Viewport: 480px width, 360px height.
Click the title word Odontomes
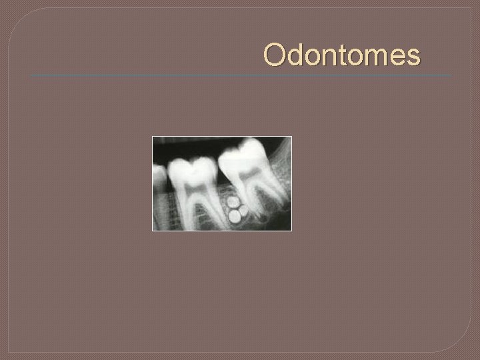[342, 55]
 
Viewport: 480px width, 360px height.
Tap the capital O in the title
[275, 55]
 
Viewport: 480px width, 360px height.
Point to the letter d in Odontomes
[295, 55]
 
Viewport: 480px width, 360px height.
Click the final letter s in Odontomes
[413, 57]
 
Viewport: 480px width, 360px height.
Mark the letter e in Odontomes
[397, 57]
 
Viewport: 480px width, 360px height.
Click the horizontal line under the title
[240, 75]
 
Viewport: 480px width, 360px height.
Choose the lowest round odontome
[235, 215]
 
